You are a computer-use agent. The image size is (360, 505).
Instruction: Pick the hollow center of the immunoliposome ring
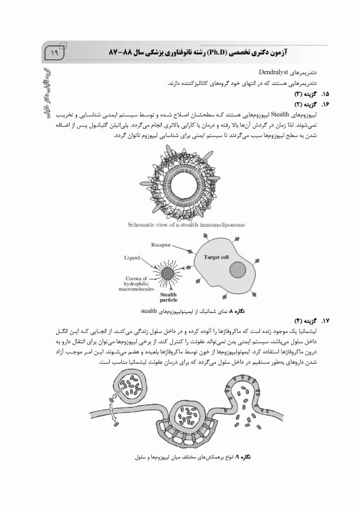coord(180,180)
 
